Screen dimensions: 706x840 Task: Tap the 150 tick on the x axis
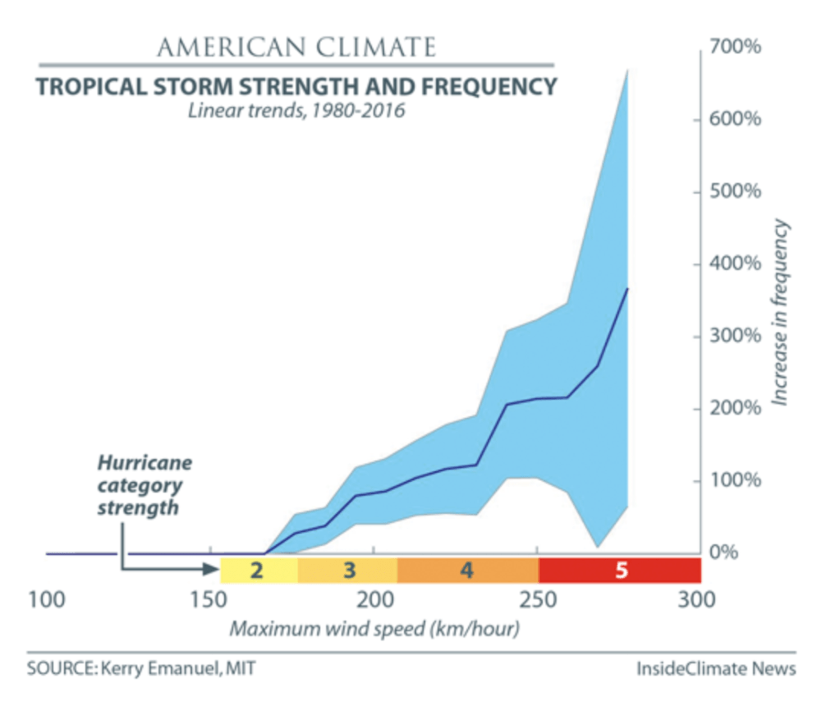click(x=211, y=600)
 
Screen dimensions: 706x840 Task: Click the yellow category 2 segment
click(x=258, y=569)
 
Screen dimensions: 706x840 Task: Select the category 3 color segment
click(x=348, y=569)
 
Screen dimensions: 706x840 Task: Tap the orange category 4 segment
click(x=467, y=569)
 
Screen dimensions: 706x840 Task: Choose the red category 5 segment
click(x=620, y=569)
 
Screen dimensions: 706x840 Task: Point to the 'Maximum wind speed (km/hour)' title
click(x=374, y=630)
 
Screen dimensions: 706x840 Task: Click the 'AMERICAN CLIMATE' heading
click(x=296, y=47)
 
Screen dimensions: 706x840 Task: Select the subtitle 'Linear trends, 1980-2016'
click(x=296, y=110)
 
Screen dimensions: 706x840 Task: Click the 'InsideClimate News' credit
click(x=716, y=669)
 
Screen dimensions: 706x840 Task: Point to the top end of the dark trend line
click(x=628, y=288)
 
